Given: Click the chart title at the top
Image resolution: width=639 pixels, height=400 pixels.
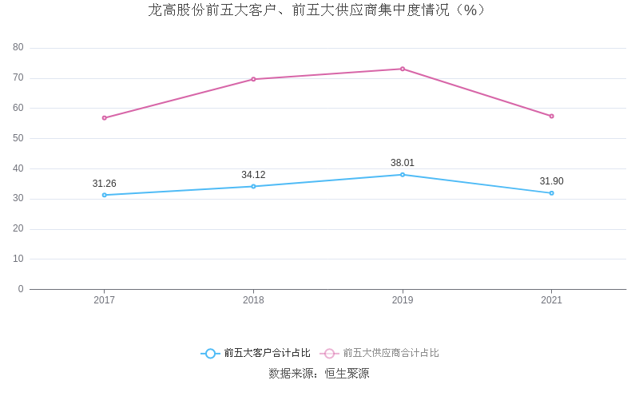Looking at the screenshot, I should point(318,10).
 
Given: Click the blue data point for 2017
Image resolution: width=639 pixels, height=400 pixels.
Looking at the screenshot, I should point(105,195).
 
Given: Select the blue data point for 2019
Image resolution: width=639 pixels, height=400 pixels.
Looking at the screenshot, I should point(403,174).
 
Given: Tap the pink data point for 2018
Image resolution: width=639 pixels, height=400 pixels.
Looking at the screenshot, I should point(253,79).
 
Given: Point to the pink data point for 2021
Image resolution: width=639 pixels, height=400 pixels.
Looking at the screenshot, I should point(551,116).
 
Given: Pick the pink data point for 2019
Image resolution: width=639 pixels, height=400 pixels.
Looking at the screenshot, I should point(403,69).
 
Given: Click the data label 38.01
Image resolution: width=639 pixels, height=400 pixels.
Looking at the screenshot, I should point(403,163).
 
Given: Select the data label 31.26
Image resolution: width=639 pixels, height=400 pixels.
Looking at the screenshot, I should point(105,184).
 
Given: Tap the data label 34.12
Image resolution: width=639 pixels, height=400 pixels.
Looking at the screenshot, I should point(253,175).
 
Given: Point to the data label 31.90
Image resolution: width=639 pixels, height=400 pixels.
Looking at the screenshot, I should point(551,181).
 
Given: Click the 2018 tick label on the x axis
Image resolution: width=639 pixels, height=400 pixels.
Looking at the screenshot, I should point(253,300).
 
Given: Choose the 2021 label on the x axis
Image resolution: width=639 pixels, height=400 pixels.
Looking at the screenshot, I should point(551,300).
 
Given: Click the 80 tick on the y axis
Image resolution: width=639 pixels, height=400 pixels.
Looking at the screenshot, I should point(18,48).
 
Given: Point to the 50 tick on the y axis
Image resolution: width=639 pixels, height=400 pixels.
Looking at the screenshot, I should point(18,138).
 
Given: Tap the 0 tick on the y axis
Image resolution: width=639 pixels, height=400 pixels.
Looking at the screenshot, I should point(21,289).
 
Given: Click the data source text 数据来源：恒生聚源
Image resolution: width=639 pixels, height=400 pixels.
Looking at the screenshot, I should point(319,373).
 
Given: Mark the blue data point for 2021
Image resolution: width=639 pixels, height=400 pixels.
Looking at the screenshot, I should point(551,192).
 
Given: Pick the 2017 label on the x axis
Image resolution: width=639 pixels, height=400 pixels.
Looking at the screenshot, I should point(105,300).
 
